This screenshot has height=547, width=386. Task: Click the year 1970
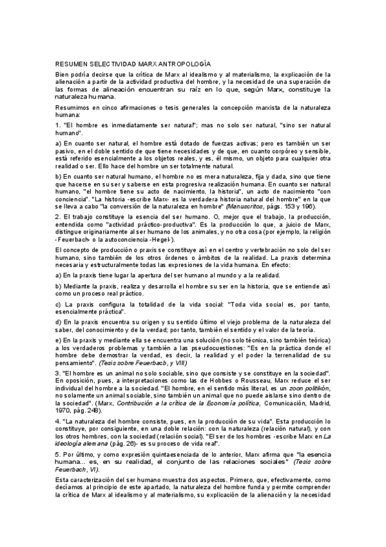click(x=64, y=410)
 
